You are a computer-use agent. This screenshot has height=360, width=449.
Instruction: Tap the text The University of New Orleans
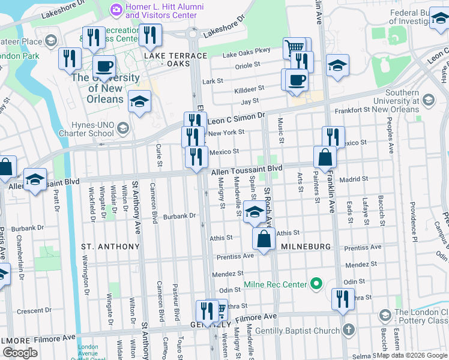[105, 88]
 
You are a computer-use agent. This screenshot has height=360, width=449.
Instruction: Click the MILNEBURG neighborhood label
[304, 247]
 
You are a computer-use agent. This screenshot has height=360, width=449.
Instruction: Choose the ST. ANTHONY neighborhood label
[110, 247]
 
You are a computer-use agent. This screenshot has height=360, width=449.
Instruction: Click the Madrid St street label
[352, 179]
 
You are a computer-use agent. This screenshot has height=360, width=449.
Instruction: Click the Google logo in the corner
[20, 352]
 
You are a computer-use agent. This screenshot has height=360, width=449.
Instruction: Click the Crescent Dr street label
[34, 311]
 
